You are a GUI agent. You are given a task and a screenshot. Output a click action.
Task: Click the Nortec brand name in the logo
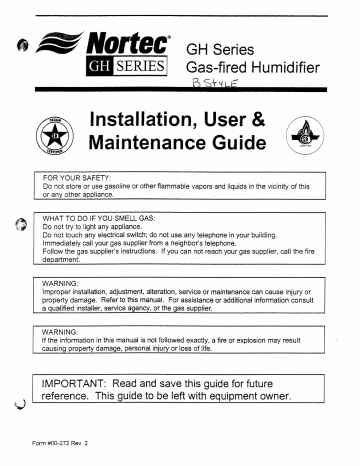[129, 42]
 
